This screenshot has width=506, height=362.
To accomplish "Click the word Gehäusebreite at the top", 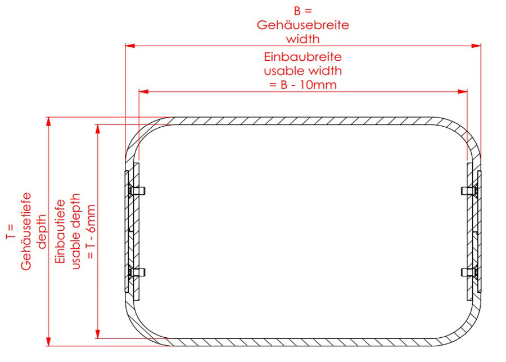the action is (x=302, y=25).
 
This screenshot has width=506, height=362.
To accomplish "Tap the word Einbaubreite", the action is (x=302, y=57).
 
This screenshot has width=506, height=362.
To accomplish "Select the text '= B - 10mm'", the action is (x=302, y=85).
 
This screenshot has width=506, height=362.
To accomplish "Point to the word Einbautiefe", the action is (x=60, y=231).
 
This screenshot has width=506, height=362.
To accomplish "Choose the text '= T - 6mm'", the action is (x=91, y=231).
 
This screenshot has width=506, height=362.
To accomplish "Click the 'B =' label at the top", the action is (x=303, y=11).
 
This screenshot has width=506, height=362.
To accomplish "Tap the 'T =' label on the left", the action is (x=10, y=231).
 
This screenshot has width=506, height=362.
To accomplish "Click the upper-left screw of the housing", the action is (x=136, y=191).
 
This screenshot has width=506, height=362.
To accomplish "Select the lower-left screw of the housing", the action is (x=136, y=272).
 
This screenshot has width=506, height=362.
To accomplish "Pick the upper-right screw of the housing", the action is (x=470, y=191).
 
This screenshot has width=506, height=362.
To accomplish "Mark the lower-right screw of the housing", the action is (x=470, y=272).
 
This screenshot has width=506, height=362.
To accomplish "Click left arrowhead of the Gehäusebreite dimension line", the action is (x=130, y=46).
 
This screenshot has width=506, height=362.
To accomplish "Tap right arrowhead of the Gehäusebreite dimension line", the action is (x=476, y=46).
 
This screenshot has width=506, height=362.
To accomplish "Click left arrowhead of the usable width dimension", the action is (x=143, y=92).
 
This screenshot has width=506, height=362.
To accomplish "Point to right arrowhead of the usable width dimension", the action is (x=463, y=92).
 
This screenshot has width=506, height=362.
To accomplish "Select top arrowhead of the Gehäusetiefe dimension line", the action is (x=49, y=122).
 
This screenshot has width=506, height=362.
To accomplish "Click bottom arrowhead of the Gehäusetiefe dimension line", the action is (x=49, y=341).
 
